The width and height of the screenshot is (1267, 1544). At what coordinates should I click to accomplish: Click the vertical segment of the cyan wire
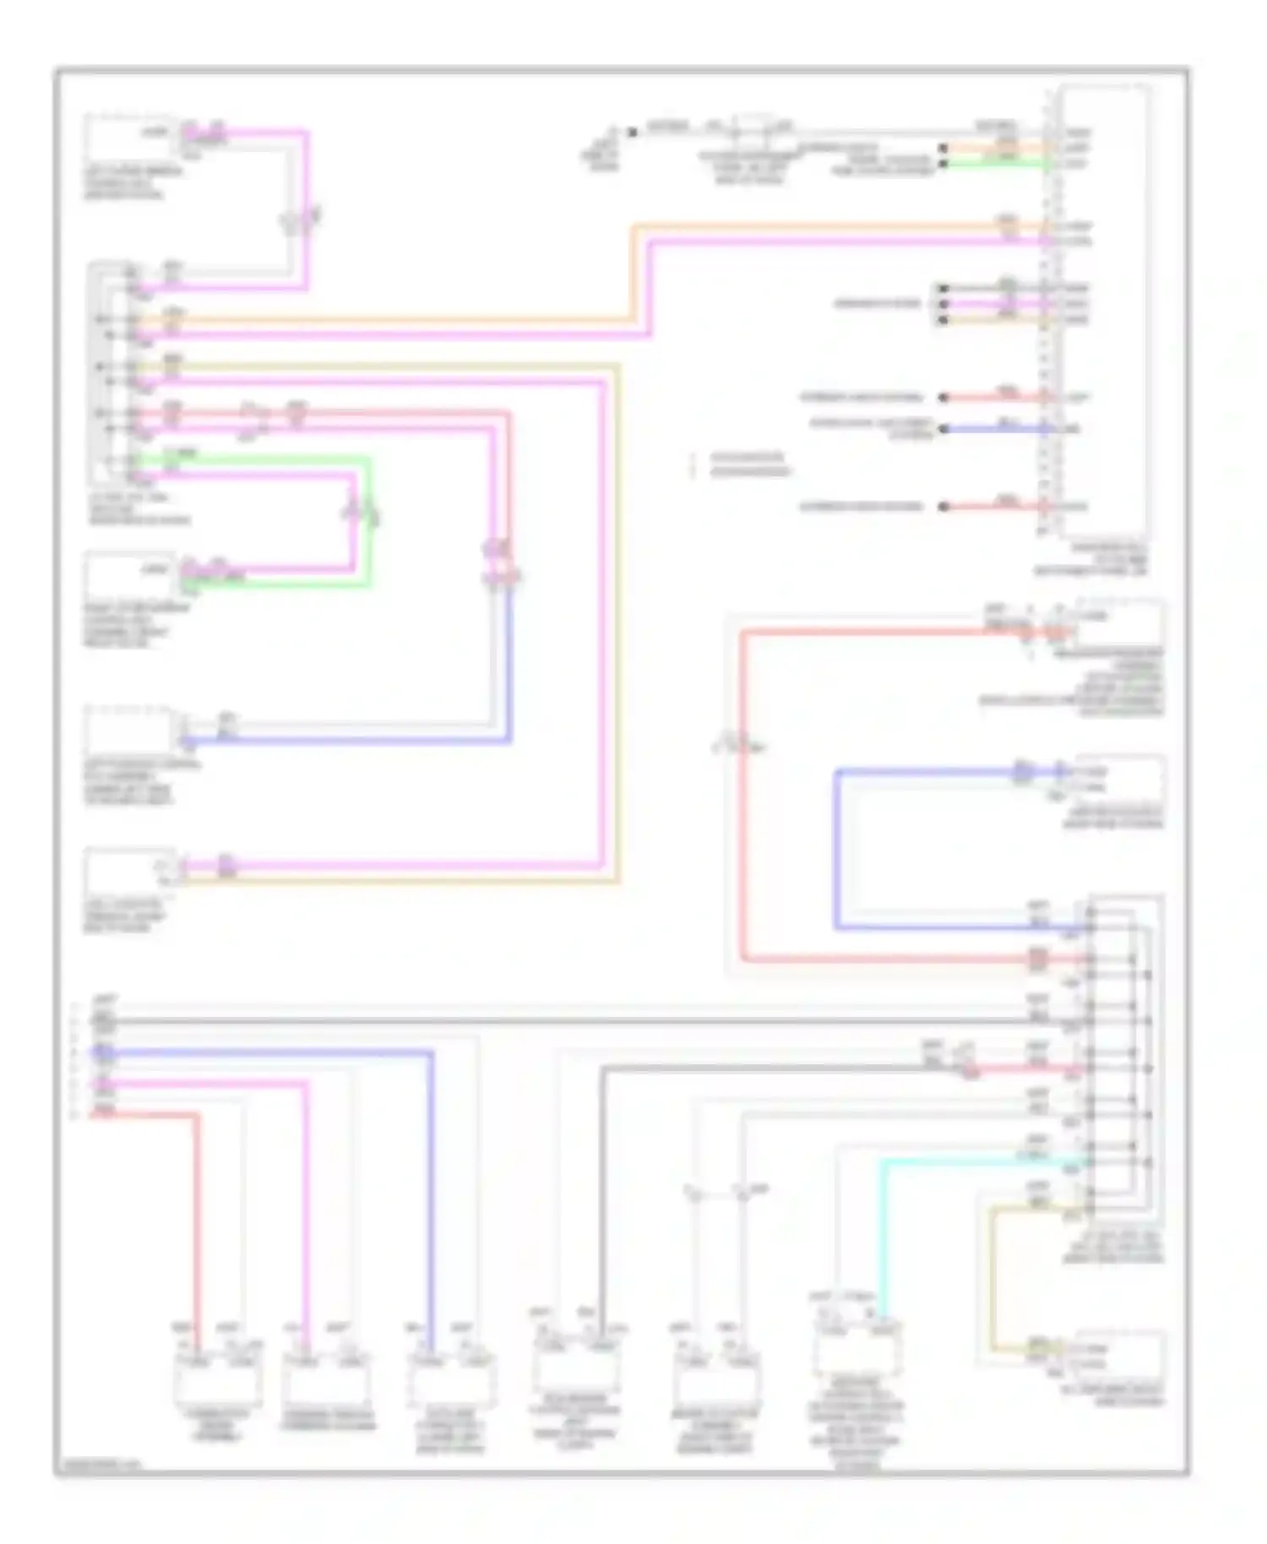[883, 1242]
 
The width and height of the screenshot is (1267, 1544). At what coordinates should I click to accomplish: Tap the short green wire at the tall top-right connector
[997, 163]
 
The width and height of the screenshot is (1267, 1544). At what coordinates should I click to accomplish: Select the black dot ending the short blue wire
[944, 429]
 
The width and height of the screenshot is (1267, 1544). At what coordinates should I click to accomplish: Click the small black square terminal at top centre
[631, 132]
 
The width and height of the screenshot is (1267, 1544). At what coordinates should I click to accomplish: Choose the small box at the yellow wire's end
[1119, 1356]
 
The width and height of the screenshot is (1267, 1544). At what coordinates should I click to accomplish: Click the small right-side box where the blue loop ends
[1119, 779]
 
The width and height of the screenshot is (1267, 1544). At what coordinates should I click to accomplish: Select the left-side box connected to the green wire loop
[129, 576]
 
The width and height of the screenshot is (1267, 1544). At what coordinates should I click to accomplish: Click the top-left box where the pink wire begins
[129, 138]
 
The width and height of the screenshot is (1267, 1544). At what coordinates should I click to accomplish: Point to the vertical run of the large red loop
[744, 794]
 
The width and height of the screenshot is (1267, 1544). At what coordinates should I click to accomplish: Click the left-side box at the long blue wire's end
[129, 731]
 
